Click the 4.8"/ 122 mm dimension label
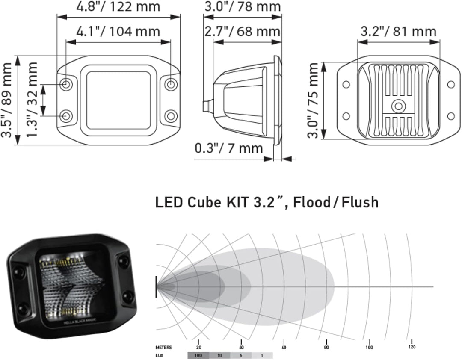pos(118,7)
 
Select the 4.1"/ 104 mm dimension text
pos(118,31)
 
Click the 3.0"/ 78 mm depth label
pos(242,7)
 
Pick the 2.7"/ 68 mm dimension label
pos(242,31)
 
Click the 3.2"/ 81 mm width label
pos(398,31)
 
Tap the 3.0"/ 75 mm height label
pos(314,100)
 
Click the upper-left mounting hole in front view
pos(66,84)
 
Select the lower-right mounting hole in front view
pos(171,115)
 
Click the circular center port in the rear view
pos(399,106)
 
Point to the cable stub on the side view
pos(207,105)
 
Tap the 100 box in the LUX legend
pos(198,355)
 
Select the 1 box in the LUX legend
pos(261,355)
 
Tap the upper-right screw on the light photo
pos(124,260)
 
